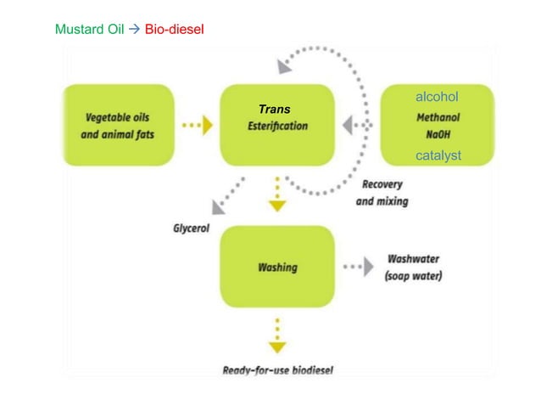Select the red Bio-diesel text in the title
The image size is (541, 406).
[175, 30]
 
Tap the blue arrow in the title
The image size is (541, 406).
[133, 30]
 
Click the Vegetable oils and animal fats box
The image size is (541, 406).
[120, 126]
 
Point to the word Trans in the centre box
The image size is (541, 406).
[275, 110]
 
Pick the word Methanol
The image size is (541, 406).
[438, 119]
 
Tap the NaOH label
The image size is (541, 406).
[438, 134]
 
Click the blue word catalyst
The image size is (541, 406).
[438, 155]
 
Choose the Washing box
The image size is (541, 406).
[277, 267]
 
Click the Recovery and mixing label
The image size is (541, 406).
[382, 193]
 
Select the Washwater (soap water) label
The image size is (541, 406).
[413, 268]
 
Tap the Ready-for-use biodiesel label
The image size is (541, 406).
[277, 370]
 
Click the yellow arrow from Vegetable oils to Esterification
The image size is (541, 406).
[198, 126]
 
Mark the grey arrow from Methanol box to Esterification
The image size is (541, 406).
[356, 126]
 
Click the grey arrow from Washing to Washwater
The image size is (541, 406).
[360, 267]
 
